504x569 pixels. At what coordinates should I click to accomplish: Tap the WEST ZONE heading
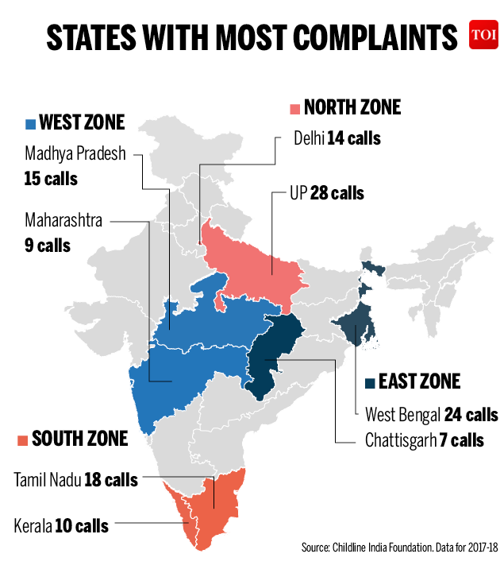82,122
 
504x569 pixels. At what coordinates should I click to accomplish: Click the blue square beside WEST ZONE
31,123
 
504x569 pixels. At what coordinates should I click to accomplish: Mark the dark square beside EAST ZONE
369,383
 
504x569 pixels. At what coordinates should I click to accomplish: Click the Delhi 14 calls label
337,138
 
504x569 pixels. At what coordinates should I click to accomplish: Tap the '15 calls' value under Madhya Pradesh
51,178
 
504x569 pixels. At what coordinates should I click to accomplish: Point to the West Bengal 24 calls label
431,415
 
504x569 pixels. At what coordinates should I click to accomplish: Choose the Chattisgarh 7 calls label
424,439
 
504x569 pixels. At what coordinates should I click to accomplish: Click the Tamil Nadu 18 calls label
75,480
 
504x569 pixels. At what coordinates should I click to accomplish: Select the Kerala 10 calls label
61,525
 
